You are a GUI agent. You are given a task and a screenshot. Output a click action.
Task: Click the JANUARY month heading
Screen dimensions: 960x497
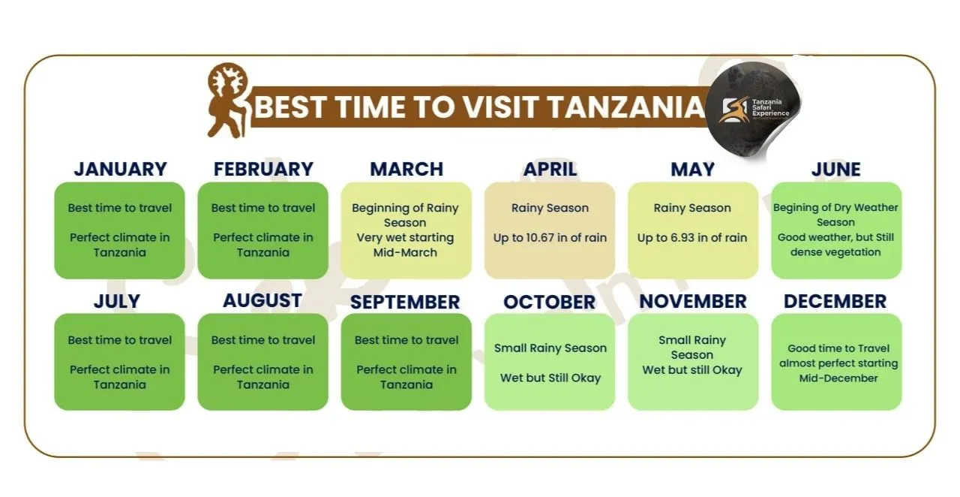[121, 169]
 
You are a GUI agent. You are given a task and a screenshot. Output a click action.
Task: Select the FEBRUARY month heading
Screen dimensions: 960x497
[263, 169]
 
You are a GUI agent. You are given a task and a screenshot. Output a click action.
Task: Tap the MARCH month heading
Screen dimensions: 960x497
[406, 169]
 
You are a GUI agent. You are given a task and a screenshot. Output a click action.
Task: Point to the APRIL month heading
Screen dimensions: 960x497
[550, 169]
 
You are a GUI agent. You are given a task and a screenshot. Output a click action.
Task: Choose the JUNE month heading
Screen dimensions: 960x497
[835, 169]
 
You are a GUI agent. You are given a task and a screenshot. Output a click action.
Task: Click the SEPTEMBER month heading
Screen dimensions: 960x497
[405, 302]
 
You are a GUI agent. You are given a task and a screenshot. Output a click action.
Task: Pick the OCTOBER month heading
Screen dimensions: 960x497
[550, 302]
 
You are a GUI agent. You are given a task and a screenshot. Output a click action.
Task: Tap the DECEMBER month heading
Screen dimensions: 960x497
[835, 301]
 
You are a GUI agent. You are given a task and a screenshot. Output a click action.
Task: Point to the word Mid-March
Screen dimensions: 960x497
[405, 252]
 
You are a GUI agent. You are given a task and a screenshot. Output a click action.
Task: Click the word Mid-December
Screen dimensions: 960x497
[838, 378]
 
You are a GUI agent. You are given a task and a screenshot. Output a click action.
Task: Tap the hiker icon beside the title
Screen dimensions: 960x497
[228, 101]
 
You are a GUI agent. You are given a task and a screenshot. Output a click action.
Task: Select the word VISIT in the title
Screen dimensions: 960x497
[497, 107]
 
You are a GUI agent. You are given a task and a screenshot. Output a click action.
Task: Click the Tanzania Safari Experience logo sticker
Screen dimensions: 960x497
[753, 109]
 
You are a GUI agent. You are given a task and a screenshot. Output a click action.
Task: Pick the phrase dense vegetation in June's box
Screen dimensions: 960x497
[835, 252]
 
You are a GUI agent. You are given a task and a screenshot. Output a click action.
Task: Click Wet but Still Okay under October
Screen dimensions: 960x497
[550, 378]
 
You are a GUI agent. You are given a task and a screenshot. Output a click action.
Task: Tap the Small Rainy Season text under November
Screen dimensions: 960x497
[692, 348]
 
